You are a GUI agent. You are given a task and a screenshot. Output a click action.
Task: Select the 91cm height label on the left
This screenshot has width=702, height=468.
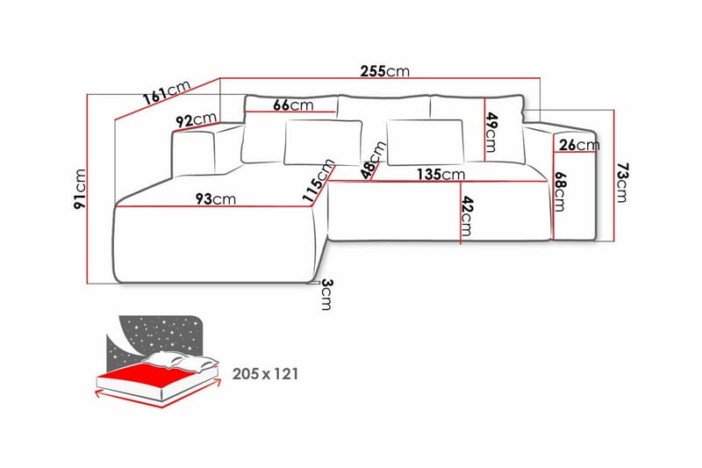click(x=80, y=190)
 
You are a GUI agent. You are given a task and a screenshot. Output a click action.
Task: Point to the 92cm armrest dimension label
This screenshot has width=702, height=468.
click(x=196, y=120)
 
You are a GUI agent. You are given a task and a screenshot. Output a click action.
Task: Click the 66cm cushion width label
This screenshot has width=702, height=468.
click(x=293, y=104)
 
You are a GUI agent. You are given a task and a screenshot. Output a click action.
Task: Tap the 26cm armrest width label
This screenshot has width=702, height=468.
click(x=579, y=145)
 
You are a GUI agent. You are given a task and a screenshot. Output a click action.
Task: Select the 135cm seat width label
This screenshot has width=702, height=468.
click(x=440, y=174)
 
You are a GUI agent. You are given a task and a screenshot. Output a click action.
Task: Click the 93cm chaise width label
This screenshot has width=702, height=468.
click(x=215, y=199)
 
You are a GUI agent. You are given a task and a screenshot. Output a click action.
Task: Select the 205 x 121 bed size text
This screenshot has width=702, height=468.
click(x=266, y=374)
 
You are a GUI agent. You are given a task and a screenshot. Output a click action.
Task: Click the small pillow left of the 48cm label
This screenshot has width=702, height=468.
click(x=322, y=142)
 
